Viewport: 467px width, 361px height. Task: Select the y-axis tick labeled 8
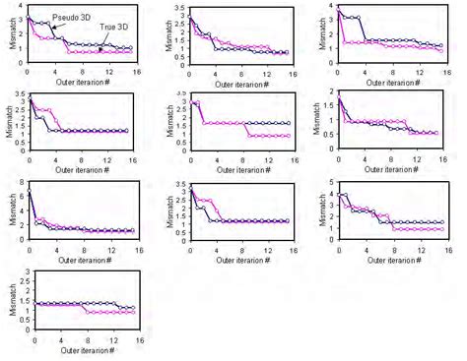pyautogui.click(x=21, y=183)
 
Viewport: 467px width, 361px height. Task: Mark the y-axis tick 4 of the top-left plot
pyautogui.click(x=21, y=7)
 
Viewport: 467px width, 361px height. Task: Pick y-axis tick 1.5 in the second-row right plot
pyautogui.click(x=328, y=106)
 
